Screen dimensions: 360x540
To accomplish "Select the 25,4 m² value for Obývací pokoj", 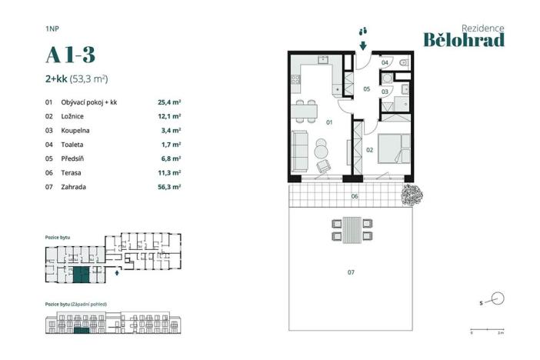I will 168,102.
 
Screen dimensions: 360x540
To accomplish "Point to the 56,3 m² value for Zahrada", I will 168,186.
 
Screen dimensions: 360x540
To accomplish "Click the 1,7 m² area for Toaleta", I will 170,144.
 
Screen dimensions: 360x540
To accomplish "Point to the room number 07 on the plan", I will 351,272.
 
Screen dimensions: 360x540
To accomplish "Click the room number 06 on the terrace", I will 355,197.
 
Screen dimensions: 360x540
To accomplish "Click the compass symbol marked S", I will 496,299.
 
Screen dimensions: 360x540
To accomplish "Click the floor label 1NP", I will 52,28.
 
